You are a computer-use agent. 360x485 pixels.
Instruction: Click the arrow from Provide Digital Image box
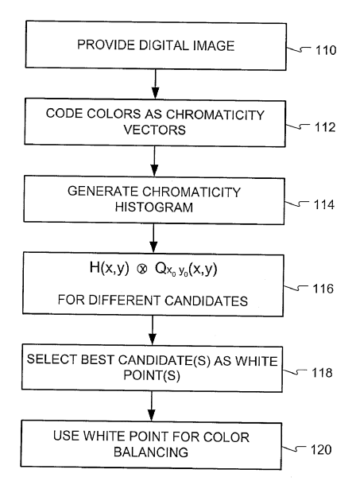[157, 81]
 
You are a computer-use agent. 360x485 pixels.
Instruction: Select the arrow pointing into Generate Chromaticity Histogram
[157, 162]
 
